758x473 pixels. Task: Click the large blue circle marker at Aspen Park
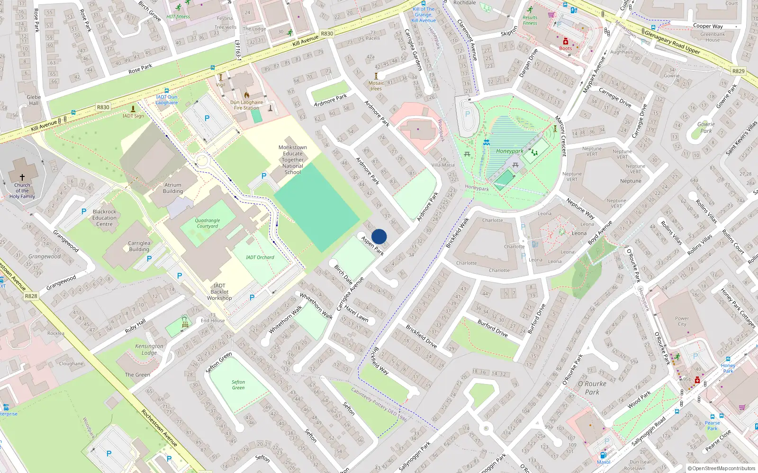379,236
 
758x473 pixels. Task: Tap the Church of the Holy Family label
22,191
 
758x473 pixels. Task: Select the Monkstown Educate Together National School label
293,160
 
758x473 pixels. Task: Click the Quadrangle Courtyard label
208,223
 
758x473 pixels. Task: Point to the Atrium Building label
173,188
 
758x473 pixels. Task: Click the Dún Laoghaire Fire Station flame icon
246,95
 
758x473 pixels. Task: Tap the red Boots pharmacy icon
565,42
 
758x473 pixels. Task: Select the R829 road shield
738,71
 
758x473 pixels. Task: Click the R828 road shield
31,296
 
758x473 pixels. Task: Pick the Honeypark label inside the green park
510,151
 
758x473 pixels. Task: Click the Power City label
682,321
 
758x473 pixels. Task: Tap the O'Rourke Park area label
592,388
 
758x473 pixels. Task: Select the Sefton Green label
238,385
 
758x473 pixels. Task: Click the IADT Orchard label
260,257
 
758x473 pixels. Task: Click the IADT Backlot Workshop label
219,292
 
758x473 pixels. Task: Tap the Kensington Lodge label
149,349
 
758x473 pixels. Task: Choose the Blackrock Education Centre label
105,218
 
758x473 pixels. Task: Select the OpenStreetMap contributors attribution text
722,468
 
